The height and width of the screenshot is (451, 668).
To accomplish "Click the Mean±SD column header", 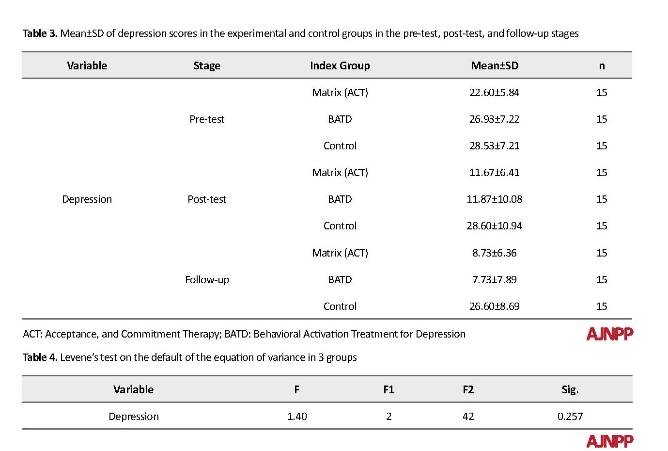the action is click(495, 65).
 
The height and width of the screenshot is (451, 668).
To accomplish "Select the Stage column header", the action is click(207, 65).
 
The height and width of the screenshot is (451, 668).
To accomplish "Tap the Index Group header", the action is click(340, 65).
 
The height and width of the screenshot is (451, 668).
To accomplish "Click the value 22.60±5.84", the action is click(495, 93).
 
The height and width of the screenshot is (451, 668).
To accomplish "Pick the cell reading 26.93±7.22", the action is click(495, 119).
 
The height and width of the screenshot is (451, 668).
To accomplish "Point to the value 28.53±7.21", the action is click(495, 145).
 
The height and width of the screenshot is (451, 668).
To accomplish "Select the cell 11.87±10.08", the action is click(495, 199).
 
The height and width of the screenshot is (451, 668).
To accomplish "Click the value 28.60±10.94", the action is click(495, 225).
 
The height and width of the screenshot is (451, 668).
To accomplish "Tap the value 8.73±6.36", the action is click(495, 253).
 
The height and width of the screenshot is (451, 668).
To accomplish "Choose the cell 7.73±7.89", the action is click(495, 279).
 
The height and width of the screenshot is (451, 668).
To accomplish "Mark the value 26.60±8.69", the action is click(495, 306).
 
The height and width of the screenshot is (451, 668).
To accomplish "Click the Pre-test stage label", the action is click(207, 119).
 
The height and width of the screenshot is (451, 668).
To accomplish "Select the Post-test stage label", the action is click(207, 199).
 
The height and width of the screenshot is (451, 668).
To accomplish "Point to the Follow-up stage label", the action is click(207, 280).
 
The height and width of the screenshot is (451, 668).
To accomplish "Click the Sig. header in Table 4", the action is click(570, 390).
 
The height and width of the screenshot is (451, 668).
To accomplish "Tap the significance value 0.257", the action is click(570, 417).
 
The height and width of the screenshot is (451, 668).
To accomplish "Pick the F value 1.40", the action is click(297, 417).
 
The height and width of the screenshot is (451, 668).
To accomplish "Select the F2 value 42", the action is click(468, 417).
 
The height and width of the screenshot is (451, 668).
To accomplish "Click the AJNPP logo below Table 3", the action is click(609, 334).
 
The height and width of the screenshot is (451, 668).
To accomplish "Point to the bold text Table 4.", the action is click(40, 357).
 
